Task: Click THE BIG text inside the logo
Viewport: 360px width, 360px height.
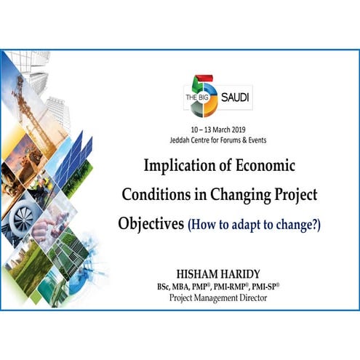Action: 193,99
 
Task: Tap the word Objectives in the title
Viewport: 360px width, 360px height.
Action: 151,223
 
